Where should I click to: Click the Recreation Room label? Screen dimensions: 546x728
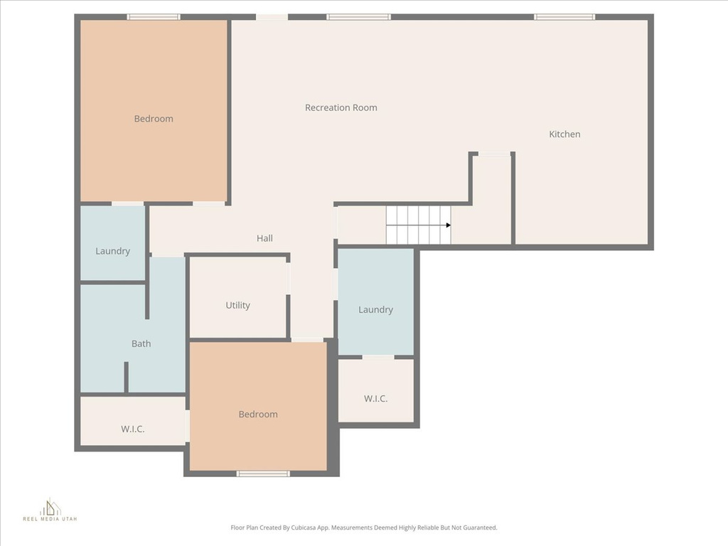341,108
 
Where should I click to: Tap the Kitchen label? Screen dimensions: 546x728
564,134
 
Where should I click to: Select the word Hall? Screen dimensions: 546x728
264,239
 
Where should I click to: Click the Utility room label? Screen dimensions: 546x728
237,306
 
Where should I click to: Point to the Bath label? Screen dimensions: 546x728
141,344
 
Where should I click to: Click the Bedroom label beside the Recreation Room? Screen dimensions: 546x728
154,119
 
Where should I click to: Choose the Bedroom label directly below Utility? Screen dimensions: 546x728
258,414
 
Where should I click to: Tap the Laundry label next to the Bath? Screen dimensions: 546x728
112,251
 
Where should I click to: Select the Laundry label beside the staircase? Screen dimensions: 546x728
375,310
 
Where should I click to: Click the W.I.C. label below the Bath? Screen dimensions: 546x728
132,429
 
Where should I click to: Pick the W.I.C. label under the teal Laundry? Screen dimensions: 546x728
375,399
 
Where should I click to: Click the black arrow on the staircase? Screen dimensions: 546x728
448,225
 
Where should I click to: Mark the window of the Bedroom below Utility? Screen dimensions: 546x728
263,473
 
